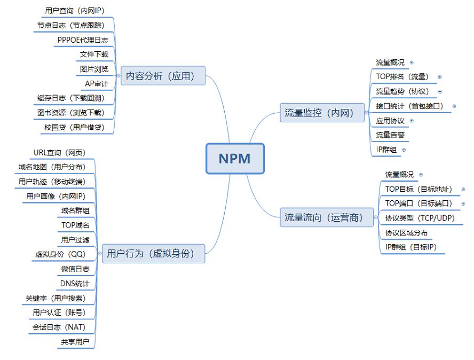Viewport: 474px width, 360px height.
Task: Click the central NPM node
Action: [235, 159]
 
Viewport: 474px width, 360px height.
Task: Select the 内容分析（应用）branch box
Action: [163, 76]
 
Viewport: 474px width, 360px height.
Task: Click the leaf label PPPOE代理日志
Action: [83, 40]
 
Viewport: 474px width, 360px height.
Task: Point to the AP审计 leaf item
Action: [96, 84]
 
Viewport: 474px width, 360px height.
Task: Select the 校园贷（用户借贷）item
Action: [74, 128]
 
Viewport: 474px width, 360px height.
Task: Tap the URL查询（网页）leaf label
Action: [59, 153]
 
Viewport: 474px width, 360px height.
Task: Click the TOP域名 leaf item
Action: [75, 225]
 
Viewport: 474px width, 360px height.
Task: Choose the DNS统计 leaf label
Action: [75, 284]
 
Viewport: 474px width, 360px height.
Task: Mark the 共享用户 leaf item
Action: [75, 342]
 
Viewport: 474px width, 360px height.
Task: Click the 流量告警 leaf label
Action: [390, 135]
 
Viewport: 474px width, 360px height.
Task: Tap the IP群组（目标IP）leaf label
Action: [411, 247]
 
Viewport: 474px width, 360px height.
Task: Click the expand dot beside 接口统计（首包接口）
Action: [454, 106]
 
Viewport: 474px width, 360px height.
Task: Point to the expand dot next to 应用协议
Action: [412, 121]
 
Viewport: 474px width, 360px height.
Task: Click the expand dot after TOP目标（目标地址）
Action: [463, 189]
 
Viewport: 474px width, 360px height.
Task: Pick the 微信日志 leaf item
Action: [75, 269]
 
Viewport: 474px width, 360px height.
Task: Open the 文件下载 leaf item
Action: [94, 54]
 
